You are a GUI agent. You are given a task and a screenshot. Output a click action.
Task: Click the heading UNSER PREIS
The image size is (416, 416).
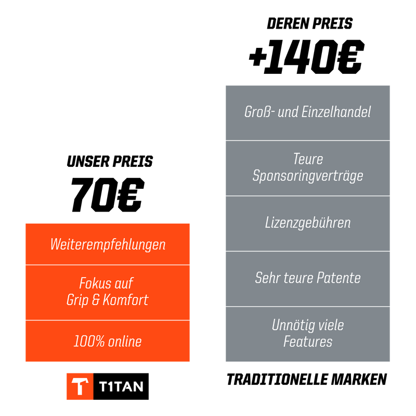110,161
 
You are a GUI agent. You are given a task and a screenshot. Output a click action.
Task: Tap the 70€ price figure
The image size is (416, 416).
108,194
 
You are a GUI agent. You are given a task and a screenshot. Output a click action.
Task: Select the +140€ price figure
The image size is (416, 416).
307,57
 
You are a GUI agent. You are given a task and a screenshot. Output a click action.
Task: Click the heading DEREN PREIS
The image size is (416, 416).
309,23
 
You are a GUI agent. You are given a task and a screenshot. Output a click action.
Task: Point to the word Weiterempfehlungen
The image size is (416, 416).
108,244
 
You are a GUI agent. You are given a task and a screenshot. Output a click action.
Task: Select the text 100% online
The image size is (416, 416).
108,341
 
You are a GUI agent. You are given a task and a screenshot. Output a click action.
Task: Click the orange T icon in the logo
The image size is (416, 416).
80,386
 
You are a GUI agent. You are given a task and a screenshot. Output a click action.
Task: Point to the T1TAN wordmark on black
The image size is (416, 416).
121,386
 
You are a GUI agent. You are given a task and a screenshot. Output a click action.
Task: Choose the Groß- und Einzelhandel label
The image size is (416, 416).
307,112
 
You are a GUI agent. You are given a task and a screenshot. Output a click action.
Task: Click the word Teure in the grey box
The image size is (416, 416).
308,159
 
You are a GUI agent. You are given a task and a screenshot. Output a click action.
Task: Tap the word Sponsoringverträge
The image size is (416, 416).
308,176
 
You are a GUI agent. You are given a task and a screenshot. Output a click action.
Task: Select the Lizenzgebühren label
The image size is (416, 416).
308,223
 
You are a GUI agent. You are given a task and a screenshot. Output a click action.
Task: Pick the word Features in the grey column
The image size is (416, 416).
308,342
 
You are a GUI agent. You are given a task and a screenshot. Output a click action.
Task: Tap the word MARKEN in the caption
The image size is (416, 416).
359,380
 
